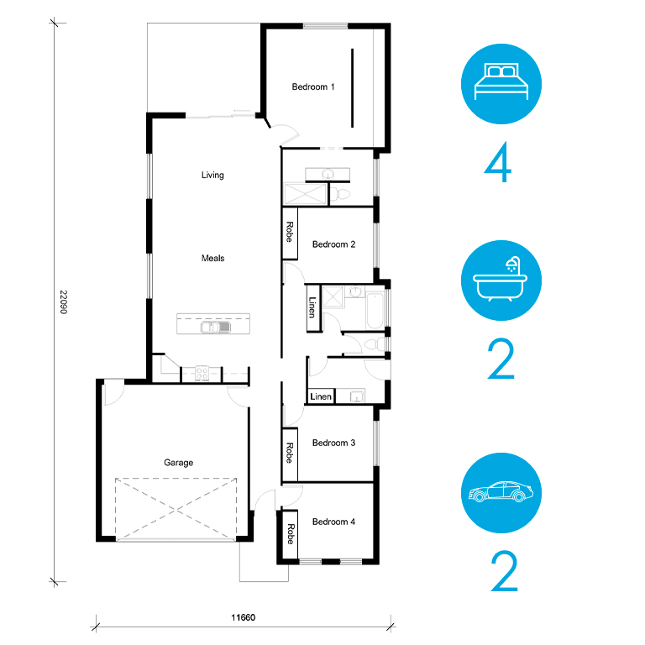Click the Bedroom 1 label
[x=313, y=87]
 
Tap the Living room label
[x=212, y=175]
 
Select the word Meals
[x=212, y=258]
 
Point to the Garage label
[x=179, y=463]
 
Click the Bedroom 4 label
[x=333, y=522]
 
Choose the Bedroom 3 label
[x=333, y=443]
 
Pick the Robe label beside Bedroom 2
[x=290, y=232]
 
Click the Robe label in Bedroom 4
[x=291, y=534]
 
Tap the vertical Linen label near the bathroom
[x=312, y=307]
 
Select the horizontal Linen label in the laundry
[x=321, y=396]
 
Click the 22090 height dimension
[x=63, y=302]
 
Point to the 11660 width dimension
[x=243, y=617]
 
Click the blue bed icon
[x=501, y=84]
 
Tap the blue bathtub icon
[x=501, y=281]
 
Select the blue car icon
[x=501, y=493]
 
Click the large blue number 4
[x=498, y=162]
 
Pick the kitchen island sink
[x=215, y=327]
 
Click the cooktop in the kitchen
[x=202, y=374]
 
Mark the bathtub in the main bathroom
[x=375, y=311]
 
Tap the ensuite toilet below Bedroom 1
[x=340, y=194]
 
